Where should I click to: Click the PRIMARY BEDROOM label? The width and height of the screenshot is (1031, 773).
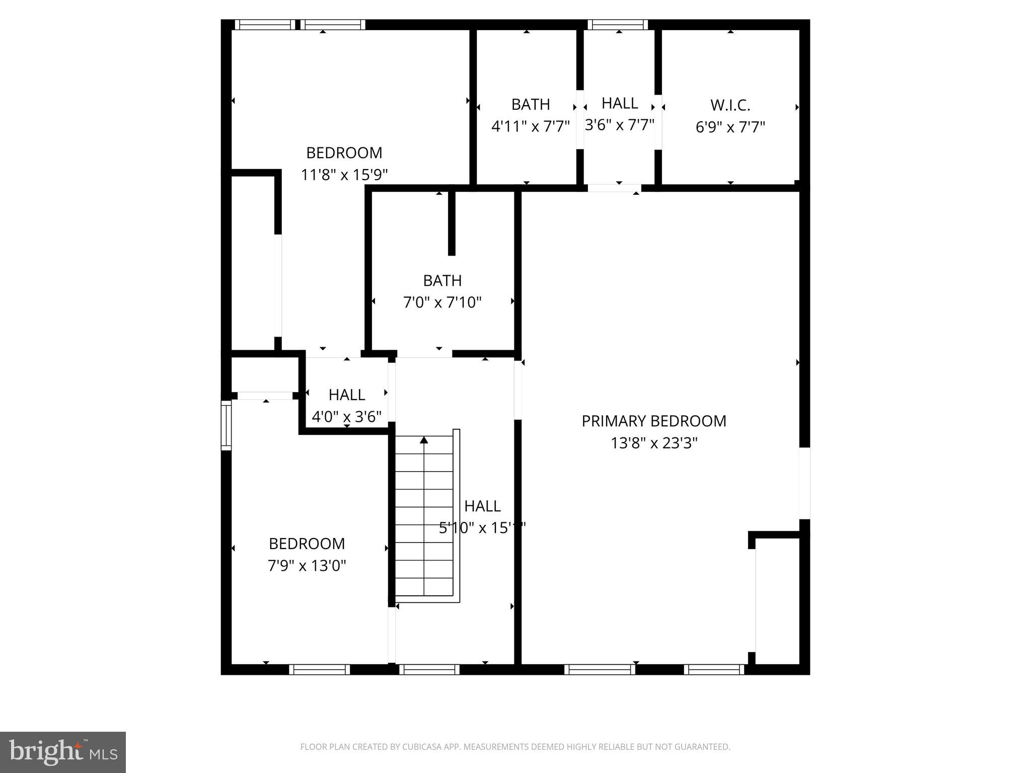pyautogui.click(x=653, y=421)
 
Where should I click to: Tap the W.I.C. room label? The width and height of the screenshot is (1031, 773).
pyautogui.click(x=730, y=106)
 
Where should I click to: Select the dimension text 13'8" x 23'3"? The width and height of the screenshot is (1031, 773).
pyautogui.click(x=653, y=443)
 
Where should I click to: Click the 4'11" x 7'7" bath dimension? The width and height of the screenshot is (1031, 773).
pyautogui.click(x=530, y=126)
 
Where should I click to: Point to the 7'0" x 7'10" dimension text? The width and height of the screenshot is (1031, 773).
pyautogui.click(x=442, y=302)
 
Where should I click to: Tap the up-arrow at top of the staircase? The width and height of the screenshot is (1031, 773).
pyautogui.click(x=424, y=440)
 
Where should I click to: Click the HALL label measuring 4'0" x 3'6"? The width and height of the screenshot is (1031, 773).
pyautogui.click(x=346, y=395)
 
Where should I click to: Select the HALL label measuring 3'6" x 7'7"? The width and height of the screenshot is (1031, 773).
pyautogui.click(x=620, y=103)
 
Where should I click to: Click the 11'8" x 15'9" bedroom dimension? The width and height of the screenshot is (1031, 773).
pyautogui.click(x=344, y=175)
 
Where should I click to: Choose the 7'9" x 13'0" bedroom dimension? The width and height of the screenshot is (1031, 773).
pyautogui.click(x=307, y=566)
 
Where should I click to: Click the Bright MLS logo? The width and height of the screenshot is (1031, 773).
pyautogui.click(x=62, y=752)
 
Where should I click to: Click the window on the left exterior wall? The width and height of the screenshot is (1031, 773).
pyautogui.click(x=226, y=425)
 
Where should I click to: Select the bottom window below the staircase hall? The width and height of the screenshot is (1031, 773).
pyautogui.click(x=429, y=669)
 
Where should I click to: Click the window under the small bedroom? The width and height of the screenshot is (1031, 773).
pyautogui.click(x=319, y=669)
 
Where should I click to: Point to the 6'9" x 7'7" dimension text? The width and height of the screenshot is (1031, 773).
pyautogui.click(x=730, y=127)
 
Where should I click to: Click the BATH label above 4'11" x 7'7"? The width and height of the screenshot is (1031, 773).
pyautogui.click(x=530, y=105)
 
